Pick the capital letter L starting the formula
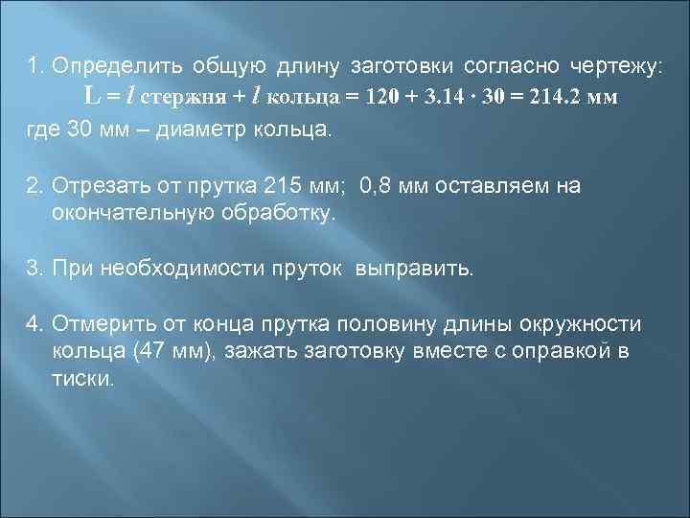91,97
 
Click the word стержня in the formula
188,98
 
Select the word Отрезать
99,184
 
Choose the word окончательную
126,212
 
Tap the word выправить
415,268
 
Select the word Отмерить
100,323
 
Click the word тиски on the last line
82,378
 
